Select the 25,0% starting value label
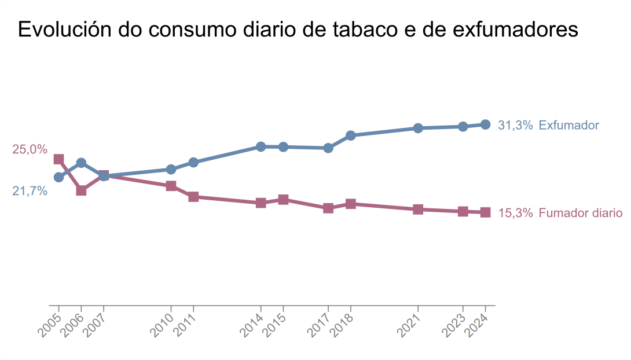coord(30,149)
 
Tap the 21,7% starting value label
coord(30,191)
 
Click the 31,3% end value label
coord(515,125)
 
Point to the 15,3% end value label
coord(515,213)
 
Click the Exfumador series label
coord(568,125)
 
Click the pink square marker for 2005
coord(58,159)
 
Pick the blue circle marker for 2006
coord(82,163)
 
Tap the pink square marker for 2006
coord(82,190)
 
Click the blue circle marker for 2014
coord(261,146)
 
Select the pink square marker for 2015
coord(283,200)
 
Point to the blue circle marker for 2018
coord(350,135)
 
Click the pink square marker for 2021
coord(418,210)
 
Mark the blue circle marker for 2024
coord(486,124)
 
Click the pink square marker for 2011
coord(193,197)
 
